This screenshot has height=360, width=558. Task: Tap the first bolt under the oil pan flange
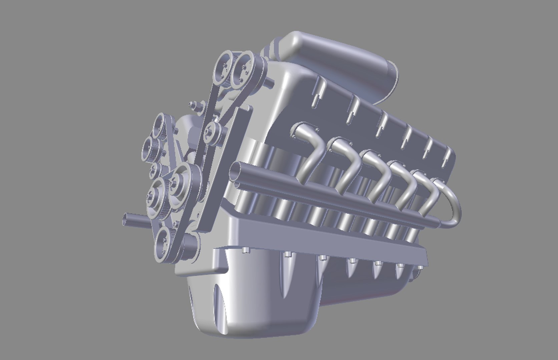[246, 250]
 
